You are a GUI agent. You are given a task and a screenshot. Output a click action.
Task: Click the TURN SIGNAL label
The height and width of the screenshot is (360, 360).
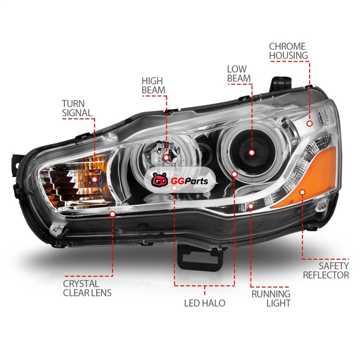[x=77, y=108]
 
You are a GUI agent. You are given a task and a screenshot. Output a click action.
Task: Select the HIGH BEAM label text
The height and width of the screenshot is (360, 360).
[x=153, y=85]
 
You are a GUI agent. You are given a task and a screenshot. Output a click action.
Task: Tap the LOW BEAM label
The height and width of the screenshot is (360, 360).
[x=239, y=74]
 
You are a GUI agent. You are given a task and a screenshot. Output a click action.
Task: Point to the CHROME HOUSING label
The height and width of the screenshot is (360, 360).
[x=288, y=51]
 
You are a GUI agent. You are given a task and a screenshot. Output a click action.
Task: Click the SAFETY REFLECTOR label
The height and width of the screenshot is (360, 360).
[x=326, y=270]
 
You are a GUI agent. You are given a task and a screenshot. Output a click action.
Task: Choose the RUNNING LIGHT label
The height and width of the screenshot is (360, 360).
[x=271, y=298]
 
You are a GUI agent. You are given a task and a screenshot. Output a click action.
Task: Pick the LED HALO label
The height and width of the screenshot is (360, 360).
[x=205, y=303]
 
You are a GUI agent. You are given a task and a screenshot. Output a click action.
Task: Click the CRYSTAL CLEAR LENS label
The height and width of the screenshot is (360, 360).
[x=87, y=288]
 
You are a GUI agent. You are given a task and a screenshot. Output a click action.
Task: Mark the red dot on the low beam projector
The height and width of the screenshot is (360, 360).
[x=252, y=153]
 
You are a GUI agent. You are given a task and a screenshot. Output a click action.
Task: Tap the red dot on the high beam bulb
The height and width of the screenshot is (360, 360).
[x=166, y=157]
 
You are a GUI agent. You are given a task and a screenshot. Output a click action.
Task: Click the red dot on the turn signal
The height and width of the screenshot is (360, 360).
[x=94, y=179]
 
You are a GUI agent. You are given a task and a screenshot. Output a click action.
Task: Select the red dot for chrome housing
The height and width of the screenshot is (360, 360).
[x=310, y=124]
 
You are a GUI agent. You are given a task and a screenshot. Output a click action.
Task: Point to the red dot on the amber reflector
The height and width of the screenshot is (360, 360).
[x=302, y=192]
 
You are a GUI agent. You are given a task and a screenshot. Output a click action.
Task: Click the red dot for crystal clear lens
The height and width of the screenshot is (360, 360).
[x=112, y=214]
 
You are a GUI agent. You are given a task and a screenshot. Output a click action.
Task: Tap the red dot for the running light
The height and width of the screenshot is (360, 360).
[x=251, y=206]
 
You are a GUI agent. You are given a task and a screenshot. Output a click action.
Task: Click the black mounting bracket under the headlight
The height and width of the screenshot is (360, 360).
[x=200, y=258]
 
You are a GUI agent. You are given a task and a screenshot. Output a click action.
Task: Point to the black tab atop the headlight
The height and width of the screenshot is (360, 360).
[x=280, y=84]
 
